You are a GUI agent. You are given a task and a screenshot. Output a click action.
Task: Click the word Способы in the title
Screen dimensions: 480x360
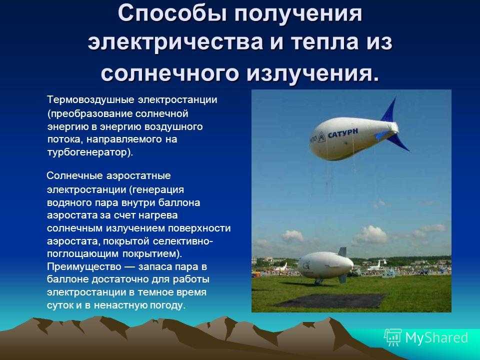pyautogui.click(x=173, y=14)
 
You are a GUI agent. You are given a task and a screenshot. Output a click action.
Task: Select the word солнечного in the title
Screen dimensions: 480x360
pyautogui.click(x=169, y=73)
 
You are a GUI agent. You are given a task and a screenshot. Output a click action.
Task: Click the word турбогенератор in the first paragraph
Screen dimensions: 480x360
pyautogui.click(x=86, y=152)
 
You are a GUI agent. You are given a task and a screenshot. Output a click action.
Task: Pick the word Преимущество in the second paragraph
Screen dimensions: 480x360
pyautogui.click(x=84, y=267)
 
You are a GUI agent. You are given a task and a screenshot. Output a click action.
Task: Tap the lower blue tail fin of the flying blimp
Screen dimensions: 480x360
pyautogui.click(x=397, y=143)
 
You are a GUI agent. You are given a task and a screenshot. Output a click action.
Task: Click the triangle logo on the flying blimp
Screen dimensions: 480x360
pyautogui.click(x=321, y=137)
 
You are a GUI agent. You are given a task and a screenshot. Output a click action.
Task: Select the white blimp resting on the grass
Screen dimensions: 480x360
pyautogui.click(x=325, y=265)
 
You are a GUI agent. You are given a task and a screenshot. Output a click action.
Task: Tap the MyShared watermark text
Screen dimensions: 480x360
pyautogui.click(x=436, y=337)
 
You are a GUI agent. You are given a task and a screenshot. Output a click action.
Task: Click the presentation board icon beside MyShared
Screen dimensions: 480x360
pyautogui.click(x=393, y=337)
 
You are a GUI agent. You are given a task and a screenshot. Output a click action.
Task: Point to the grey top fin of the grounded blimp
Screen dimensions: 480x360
pyautogui.click(x=342, y=252)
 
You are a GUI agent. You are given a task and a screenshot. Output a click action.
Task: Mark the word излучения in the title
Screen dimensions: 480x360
pyautogui.click(x=312, y=73)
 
